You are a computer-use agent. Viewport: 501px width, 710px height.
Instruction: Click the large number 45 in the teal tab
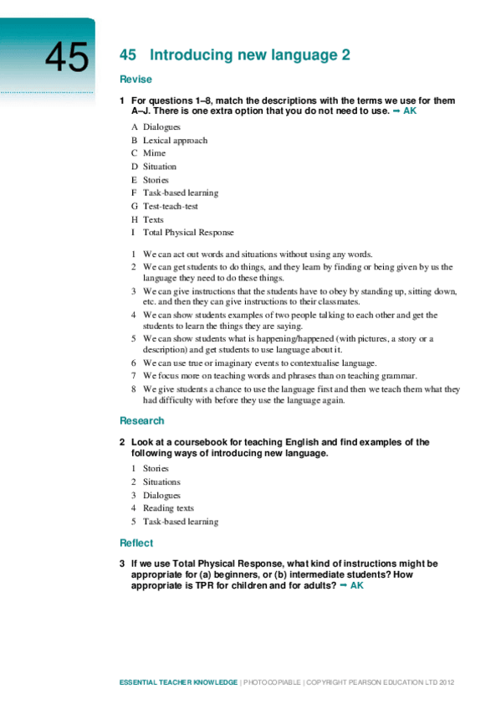(x=66, y=58)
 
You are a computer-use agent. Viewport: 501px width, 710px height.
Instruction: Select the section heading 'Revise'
(x=135, y=80)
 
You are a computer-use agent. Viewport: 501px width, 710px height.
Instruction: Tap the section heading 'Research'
(x=141, y=420)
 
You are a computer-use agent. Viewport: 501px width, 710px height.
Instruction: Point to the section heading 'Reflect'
(x=136, y=543)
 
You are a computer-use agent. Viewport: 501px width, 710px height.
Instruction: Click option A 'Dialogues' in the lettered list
(x=161, y=127)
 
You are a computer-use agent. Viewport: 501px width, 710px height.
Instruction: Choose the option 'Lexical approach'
(x=175, y=141)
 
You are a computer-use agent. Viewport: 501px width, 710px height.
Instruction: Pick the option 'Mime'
(x=154, y=153)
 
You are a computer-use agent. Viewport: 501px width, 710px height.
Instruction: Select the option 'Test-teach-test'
(x=170, y=206)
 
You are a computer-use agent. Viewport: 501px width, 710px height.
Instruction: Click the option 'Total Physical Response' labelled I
(x=188, y=232)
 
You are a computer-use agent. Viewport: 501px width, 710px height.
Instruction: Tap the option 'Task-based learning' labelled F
(x=180, y=193)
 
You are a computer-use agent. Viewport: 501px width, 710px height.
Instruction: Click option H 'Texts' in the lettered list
(x=153, y=219)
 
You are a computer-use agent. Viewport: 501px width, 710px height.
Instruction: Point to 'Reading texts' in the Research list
(x=168, y=508)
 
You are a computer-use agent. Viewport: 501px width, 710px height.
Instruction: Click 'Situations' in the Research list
(x=161, y=481)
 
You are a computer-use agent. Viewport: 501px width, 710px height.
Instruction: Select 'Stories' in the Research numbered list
(x=156, y=469)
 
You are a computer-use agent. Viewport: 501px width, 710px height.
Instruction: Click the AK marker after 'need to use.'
(x=410, y=111)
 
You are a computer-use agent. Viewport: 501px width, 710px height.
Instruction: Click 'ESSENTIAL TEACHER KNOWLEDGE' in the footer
(x=178, y=684)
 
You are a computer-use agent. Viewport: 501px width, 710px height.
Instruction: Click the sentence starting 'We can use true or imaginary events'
(x=259, y=363)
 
